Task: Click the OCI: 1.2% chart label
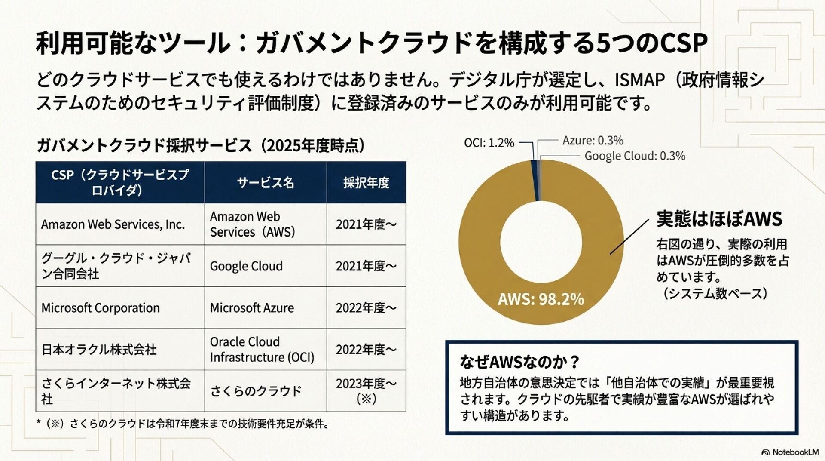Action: (x=489, y=143)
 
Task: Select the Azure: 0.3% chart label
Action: (x=593, y=141)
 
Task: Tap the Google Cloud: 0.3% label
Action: (x=635, y=156)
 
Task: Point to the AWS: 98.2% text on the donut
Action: (x=541, y=299)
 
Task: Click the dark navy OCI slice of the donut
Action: (x=535, y=181)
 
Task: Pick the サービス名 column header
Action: (x=266, y=183)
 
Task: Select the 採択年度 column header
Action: (x=366, y=183)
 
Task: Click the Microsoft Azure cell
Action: (x=252, y=308)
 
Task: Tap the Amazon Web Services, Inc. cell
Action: (x=113, y=224)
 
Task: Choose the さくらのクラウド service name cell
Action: (x=256, y=391)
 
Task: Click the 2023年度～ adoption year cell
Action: (x=366, y=390)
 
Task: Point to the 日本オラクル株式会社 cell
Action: (x=99, y=350)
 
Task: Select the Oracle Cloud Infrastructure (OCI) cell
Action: (x=262, y=349)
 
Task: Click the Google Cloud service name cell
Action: (x=246, y=266)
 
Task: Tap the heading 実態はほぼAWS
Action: (x=719, y=219)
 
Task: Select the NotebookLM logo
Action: (x=790, y=452)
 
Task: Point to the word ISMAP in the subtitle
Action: (x=640, y=80)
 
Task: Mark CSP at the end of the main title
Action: (x=683, y=43)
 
